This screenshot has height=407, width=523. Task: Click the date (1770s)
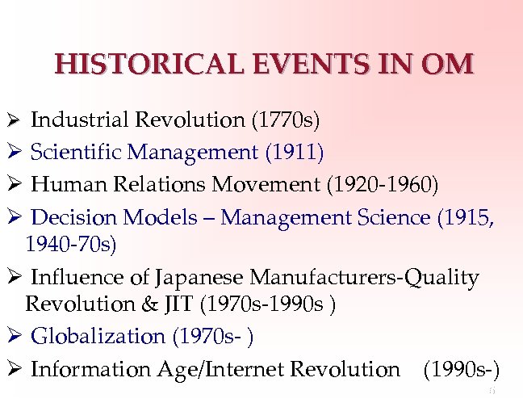click(x=286, y=120)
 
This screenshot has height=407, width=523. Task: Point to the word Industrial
click(x=82, y=120)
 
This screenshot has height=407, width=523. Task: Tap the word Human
click(x=64, y=185)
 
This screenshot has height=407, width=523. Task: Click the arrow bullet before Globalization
click(x=12, y=336)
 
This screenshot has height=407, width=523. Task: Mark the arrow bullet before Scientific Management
click(x=12, y=151)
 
